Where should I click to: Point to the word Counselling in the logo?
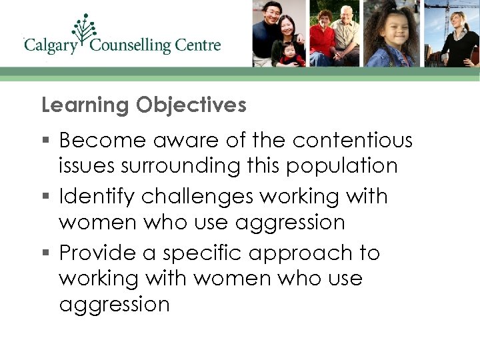[131, 46]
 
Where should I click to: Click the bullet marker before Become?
[45, 141]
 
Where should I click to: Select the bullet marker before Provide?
[45, 254]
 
